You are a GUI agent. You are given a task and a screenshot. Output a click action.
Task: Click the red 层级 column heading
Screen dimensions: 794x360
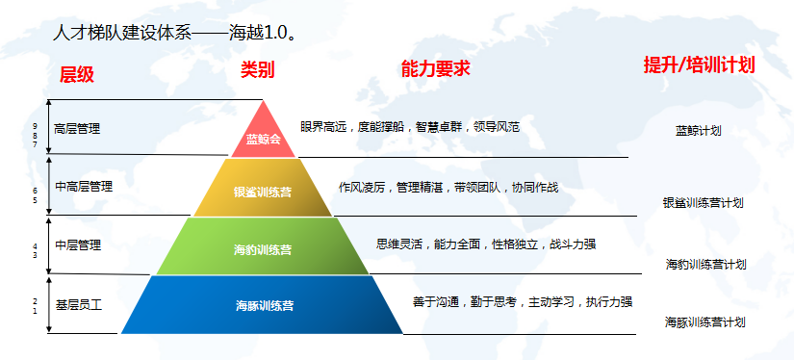coord(77,74)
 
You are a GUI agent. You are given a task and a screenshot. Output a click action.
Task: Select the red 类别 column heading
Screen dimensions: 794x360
coord(257,70)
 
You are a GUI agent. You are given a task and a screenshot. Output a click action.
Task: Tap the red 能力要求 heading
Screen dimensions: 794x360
coord(435,68)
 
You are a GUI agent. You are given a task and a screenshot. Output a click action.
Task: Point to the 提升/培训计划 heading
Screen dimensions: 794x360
coord(699,64)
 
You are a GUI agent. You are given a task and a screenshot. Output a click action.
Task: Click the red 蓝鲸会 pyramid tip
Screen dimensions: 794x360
coord(263,133)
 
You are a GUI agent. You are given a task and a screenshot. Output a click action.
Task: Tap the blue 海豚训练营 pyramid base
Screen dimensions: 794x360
coord(263,305)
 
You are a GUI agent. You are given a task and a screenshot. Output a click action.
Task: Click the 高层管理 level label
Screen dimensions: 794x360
coord(77,129)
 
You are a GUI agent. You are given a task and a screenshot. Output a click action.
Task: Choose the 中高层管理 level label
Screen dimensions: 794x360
coord(84,187)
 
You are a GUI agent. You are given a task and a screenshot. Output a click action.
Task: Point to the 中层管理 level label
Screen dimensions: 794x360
coord(78,245)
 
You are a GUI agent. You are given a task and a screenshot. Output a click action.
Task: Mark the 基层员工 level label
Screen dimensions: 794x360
coord(79,305)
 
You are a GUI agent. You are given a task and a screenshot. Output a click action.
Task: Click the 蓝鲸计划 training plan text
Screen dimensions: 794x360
coord(699,131)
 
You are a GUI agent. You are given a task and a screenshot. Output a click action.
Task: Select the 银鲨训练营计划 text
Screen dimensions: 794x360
coord(703,203)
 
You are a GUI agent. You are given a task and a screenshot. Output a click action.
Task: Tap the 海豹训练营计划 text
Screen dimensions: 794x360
coord(705,265)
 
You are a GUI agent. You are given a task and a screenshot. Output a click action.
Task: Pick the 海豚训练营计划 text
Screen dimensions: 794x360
coord(704,322)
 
